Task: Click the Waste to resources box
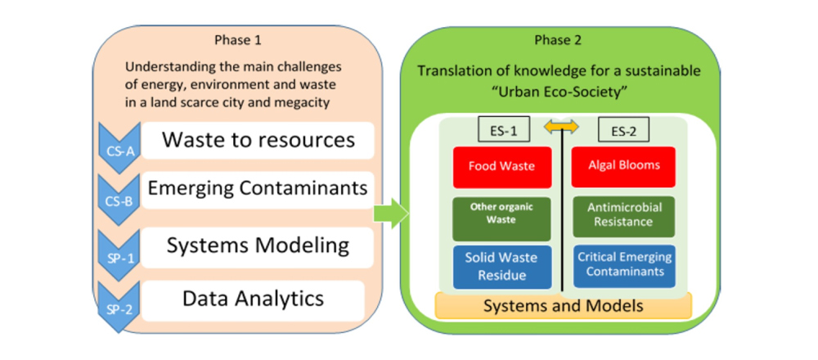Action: [x=258, y=140]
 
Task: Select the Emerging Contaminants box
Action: [x=258, y=189]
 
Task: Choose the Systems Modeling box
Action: [x=258, y=245]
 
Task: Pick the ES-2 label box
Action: [x=622, y=129]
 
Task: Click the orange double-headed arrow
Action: [x=561, y=127]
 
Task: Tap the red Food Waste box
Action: [x=501, y=167]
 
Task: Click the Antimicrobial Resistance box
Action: [x=624, y=215]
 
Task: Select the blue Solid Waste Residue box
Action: [x=501, y=266]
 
